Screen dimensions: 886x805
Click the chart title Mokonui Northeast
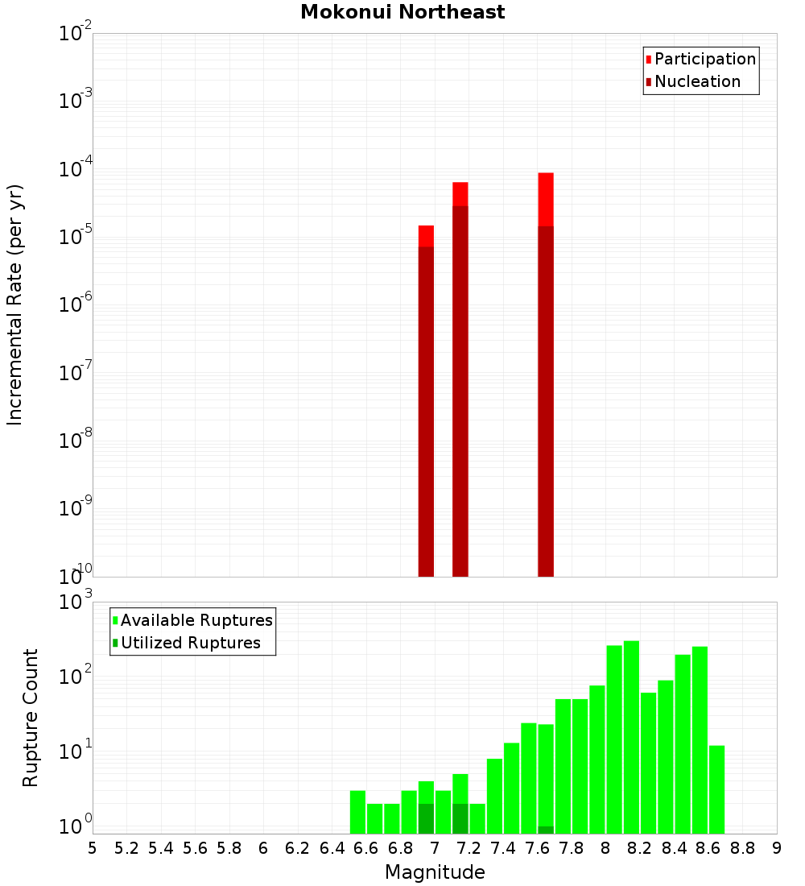[402, 12]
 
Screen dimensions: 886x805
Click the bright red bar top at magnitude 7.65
[546, 199]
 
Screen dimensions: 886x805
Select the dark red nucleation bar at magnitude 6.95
[426, 411]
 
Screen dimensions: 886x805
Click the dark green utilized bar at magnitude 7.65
[546, 830]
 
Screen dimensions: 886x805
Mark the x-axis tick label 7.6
[537, 849]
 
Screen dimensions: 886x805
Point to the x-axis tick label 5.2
[126, 849]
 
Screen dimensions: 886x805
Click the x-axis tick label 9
[777, 849]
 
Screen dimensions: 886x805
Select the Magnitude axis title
[435, 872]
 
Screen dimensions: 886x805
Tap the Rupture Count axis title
[31, 718]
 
